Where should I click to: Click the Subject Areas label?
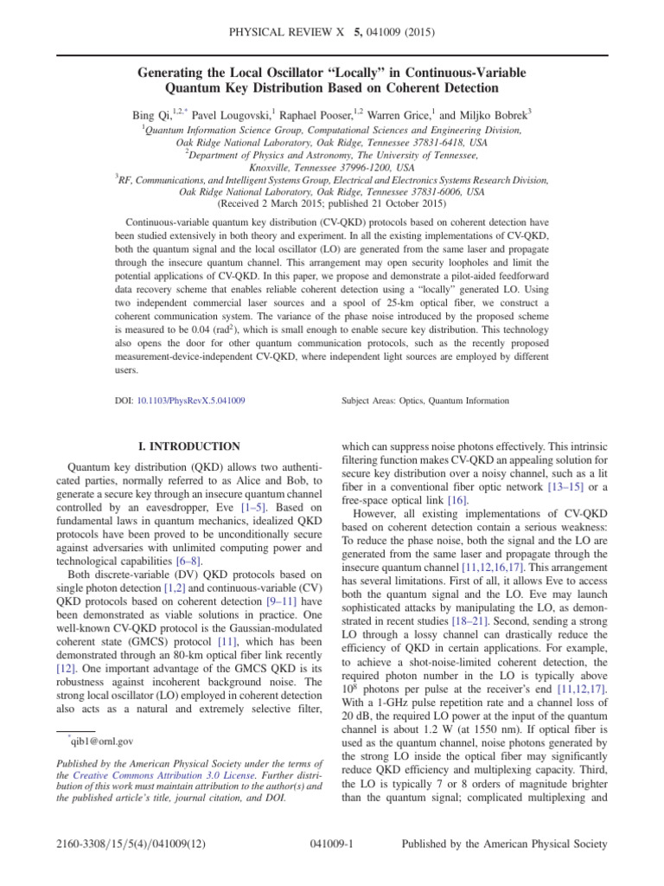point(371,401)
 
